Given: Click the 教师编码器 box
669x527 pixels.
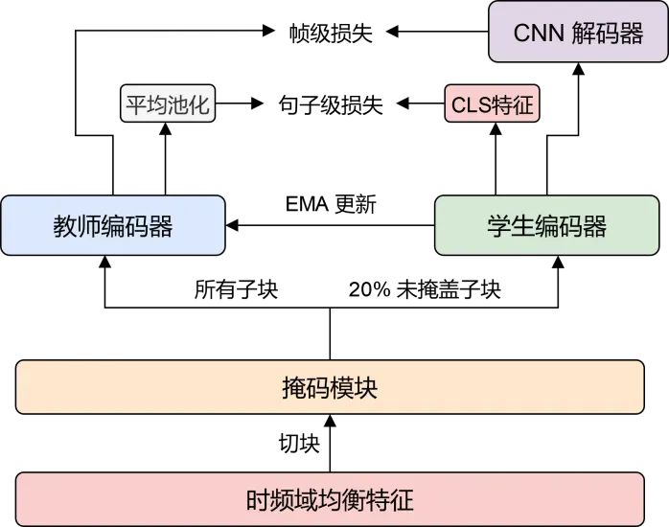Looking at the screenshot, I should pos(113,226).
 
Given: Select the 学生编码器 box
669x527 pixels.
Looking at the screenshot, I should pos(547,226).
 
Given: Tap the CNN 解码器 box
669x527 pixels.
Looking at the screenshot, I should pos(578,34).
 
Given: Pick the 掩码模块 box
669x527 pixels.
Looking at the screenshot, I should pos(329,388).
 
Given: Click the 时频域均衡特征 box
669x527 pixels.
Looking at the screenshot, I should pos(329,499).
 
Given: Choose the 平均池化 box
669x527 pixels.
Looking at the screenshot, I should pos(167,103).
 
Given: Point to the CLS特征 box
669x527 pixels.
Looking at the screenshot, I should pos(492,103).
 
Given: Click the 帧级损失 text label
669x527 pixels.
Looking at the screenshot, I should pos(331,33).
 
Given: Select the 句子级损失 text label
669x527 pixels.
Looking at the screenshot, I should pos(330,103).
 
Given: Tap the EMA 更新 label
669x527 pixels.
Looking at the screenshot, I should pos(331,203).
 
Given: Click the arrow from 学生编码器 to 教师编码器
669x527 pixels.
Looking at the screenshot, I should pos(331,226).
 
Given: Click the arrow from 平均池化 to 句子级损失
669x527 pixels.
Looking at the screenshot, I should pos(242,103).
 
